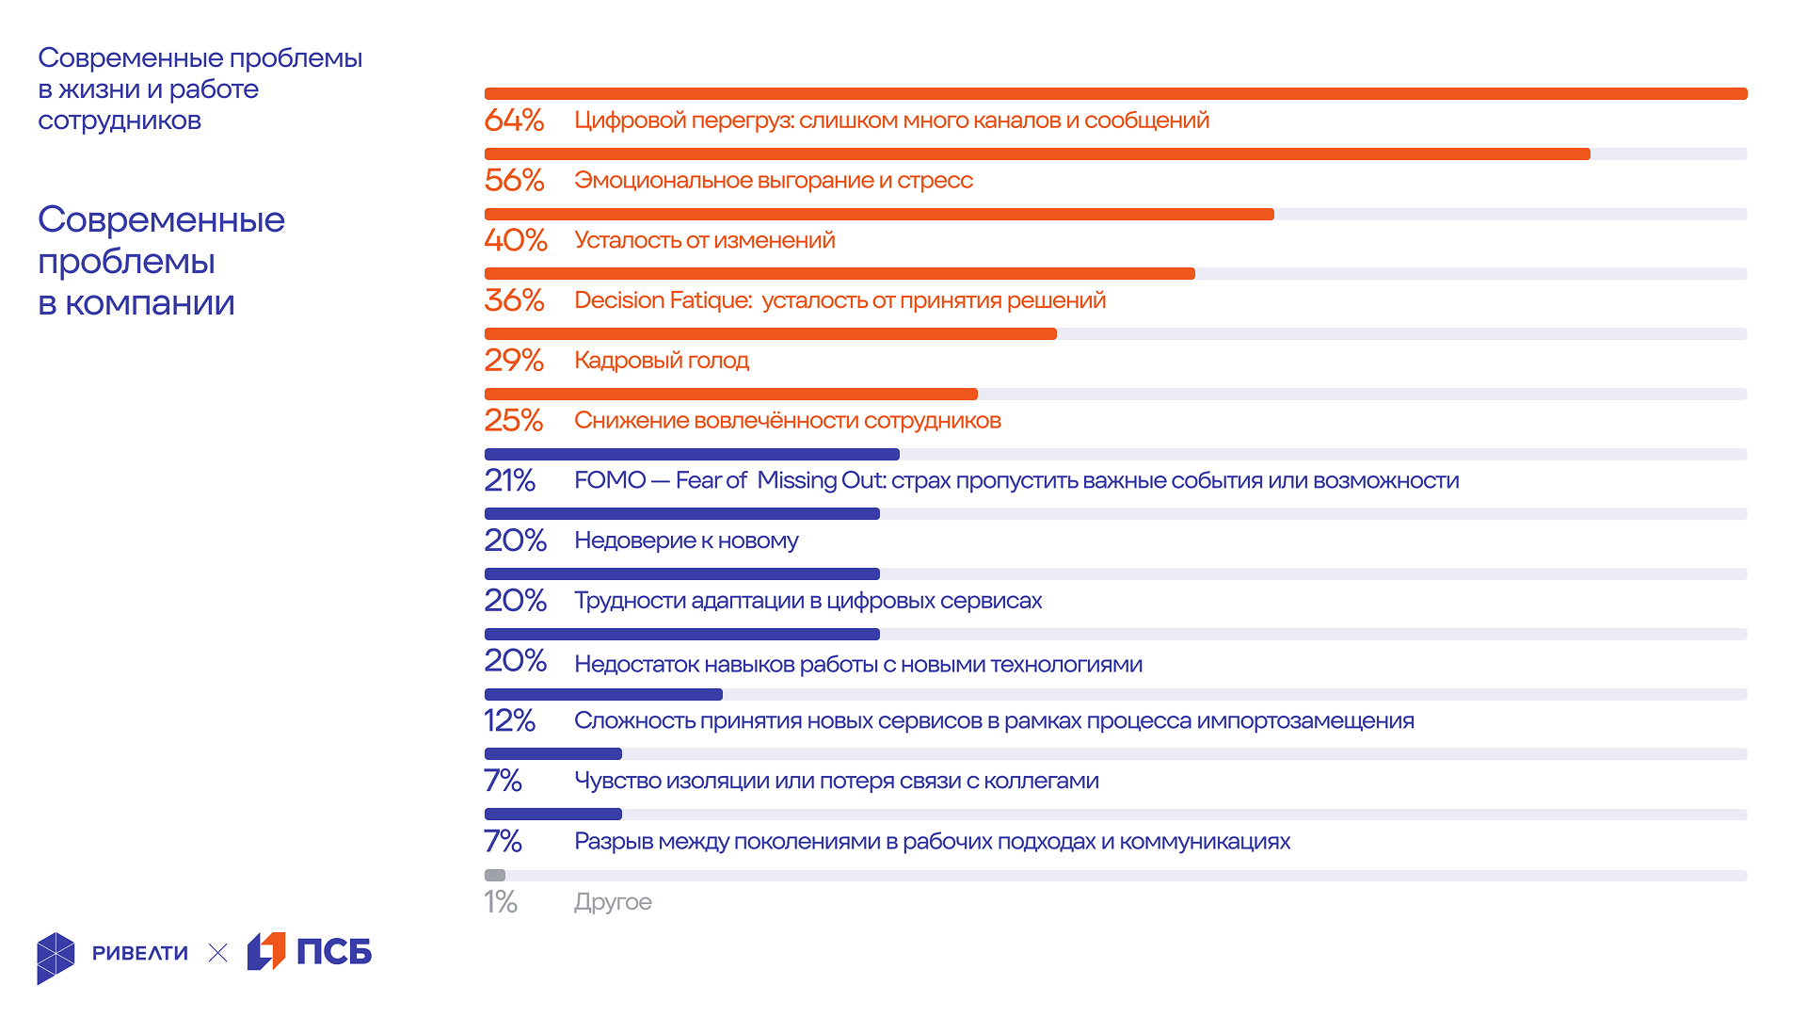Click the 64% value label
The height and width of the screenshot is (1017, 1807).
click(514, 121)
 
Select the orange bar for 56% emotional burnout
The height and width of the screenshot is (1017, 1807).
click(1036, 154)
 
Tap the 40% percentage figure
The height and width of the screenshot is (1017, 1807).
click(515, 240)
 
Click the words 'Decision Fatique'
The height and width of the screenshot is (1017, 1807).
click(663, 300)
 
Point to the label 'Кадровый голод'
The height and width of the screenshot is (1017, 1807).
click(662, 361)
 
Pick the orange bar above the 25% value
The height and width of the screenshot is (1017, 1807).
click(730, 395)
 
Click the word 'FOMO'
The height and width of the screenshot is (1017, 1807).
click(610, 480)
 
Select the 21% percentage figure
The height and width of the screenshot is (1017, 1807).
click(509, 480)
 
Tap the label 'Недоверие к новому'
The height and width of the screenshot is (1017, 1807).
click(686, 541)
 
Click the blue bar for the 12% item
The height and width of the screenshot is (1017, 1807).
click(603, 695)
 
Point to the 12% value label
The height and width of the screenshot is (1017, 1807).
click(509, 720)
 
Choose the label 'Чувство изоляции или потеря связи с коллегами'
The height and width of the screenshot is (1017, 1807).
click(836, 781)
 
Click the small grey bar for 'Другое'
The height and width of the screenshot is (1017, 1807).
click(495, 876)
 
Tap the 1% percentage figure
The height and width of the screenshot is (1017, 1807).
click(501, 902)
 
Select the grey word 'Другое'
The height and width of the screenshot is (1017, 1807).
click(613, 902)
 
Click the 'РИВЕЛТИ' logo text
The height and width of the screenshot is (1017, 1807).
click(140, 953)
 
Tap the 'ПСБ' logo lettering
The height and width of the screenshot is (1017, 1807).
click(334, 952)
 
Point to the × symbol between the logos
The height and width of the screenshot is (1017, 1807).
click(217, 953)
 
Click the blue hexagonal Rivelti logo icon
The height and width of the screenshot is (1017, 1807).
click(56, 958)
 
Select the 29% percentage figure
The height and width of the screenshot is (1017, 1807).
click(514, 361)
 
